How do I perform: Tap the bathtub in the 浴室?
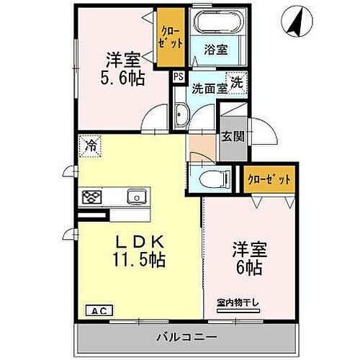[214, 23]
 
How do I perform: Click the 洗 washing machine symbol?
[238, 83]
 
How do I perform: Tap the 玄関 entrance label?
[230, 135]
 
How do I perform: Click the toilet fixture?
[210, 176]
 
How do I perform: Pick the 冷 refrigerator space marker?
[91, 145]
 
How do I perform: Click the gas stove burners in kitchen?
[91, 197]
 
